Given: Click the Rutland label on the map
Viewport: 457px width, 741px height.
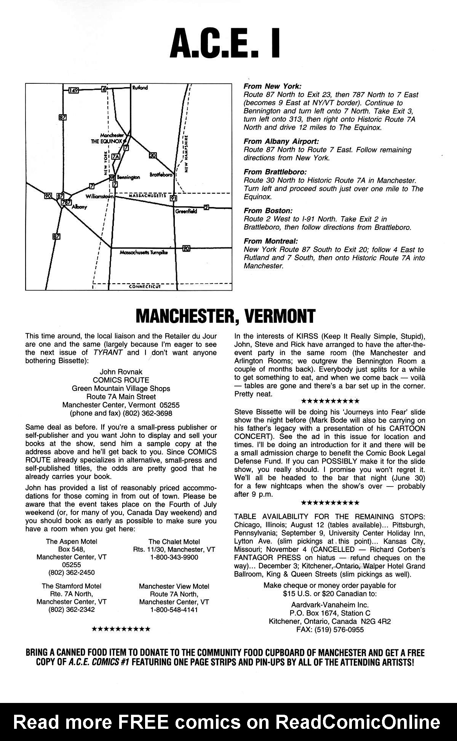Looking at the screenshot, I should tap(140, 88).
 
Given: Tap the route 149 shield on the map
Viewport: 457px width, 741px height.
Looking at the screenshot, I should tap(74, 90).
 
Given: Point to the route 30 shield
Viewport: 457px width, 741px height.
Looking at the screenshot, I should tap(153, 155).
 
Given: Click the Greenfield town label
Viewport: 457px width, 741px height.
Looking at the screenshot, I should tap(186, 211).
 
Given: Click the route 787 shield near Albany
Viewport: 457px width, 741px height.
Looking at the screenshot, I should tap(67, 203).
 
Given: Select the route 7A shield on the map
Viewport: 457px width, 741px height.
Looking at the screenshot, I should tap(115, 156).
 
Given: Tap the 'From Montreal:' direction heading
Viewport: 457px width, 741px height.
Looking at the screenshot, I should tap(270, 241).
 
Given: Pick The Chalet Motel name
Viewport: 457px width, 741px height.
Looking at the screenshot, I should tap(174, 542).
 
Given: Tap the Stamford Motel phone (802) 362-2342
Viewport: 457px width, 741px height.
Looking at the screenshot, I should tap(72, 610).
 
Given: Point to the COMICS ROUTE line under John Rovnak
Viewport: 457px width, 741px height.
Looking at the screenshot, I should tap(121, 380).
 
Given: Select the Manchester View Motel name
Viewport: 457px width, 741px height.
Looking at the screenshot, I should tap(174, 586).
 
